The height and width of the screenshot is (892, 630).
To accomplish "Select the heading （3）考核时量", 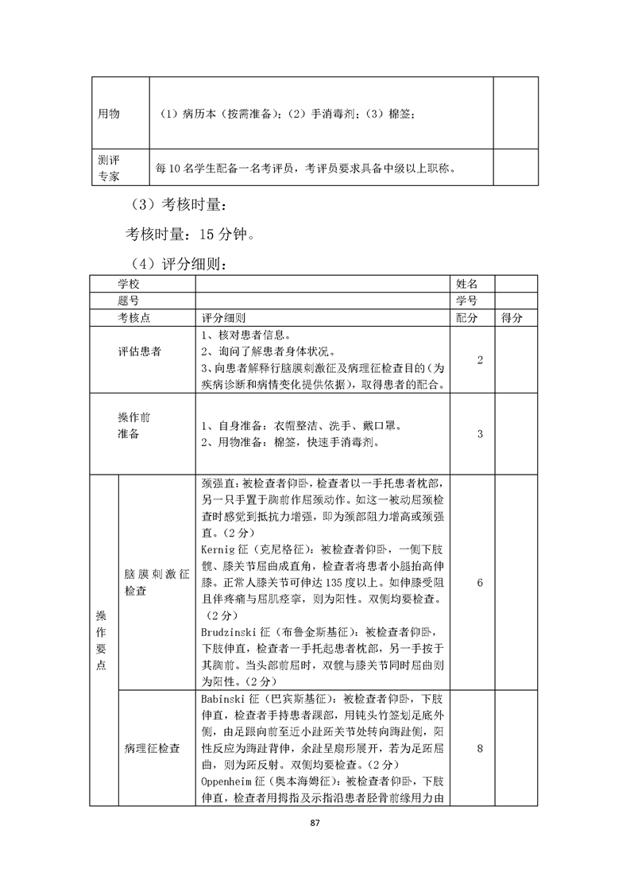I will pyautogui.click(x=179, y=207).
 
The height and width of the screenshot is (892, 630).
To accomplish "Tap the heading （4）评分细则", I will pyautogui.click(x=179, y=263).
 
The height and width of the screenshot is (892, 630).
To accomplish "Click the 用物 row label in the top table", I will pyautogui.click(x=109, y=114).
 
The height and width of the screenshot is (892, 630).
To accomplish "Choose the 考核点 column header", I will pyautogui.click(x=135, y=317).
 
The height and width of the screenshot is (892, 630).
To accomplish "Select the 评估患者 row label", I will pyautogui.click(x=139, y=351).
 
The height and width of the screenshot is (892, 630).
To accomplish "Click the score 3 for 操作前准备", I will pyautogui.click(x=480, y=434).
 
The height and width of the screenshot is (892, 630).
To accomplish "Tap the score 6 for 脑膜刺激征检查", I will pyautogui.click(x=480, y=583).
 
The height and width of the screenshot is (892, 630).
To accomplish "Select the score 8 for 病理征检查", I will pyautogui.click(x=480, y=747).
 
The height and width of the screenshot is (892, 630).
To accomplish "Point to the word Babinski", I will pyautogui.click(x=224, y=699).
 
